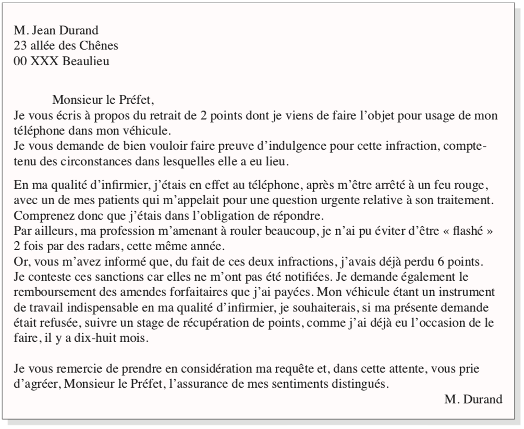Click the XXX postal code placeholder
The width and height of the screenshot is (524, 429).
coord(44,61)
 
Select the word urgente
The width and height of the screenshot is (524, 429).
coord(306,199)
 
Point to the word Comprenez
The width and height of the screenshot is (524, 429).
coord(39,214)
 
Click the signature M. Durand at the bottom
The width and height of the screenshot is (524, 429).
coord(473,400)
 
